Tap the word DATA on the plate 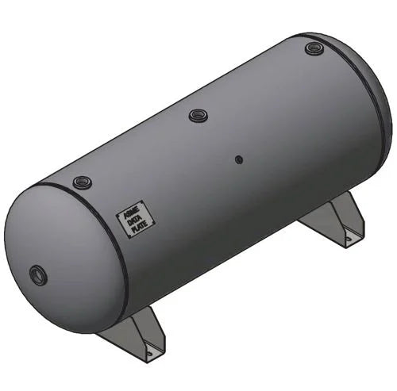[129, 222]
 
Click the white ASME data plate [129, 222]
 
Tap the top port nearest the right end [314, 49]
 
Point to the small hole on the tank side [238, 159]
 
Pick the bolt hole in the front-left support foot [148, 349]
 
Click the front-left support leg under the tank [135, 333]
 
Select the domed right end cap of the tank [380, 103]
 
